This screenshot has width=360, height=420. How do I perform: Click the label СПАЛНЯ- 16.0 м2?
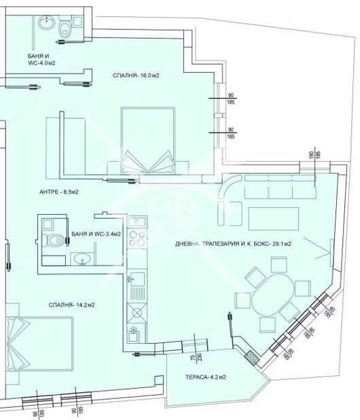coord(136,75)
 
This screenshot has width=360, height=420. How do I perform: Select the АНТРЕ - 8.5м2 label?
coord(59,192)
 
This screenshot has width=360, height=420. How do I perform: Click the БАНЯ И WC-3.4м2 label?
coord(96,234)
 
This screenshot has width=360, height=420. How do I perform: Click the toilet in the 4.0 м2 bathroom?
coord(64,28)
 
